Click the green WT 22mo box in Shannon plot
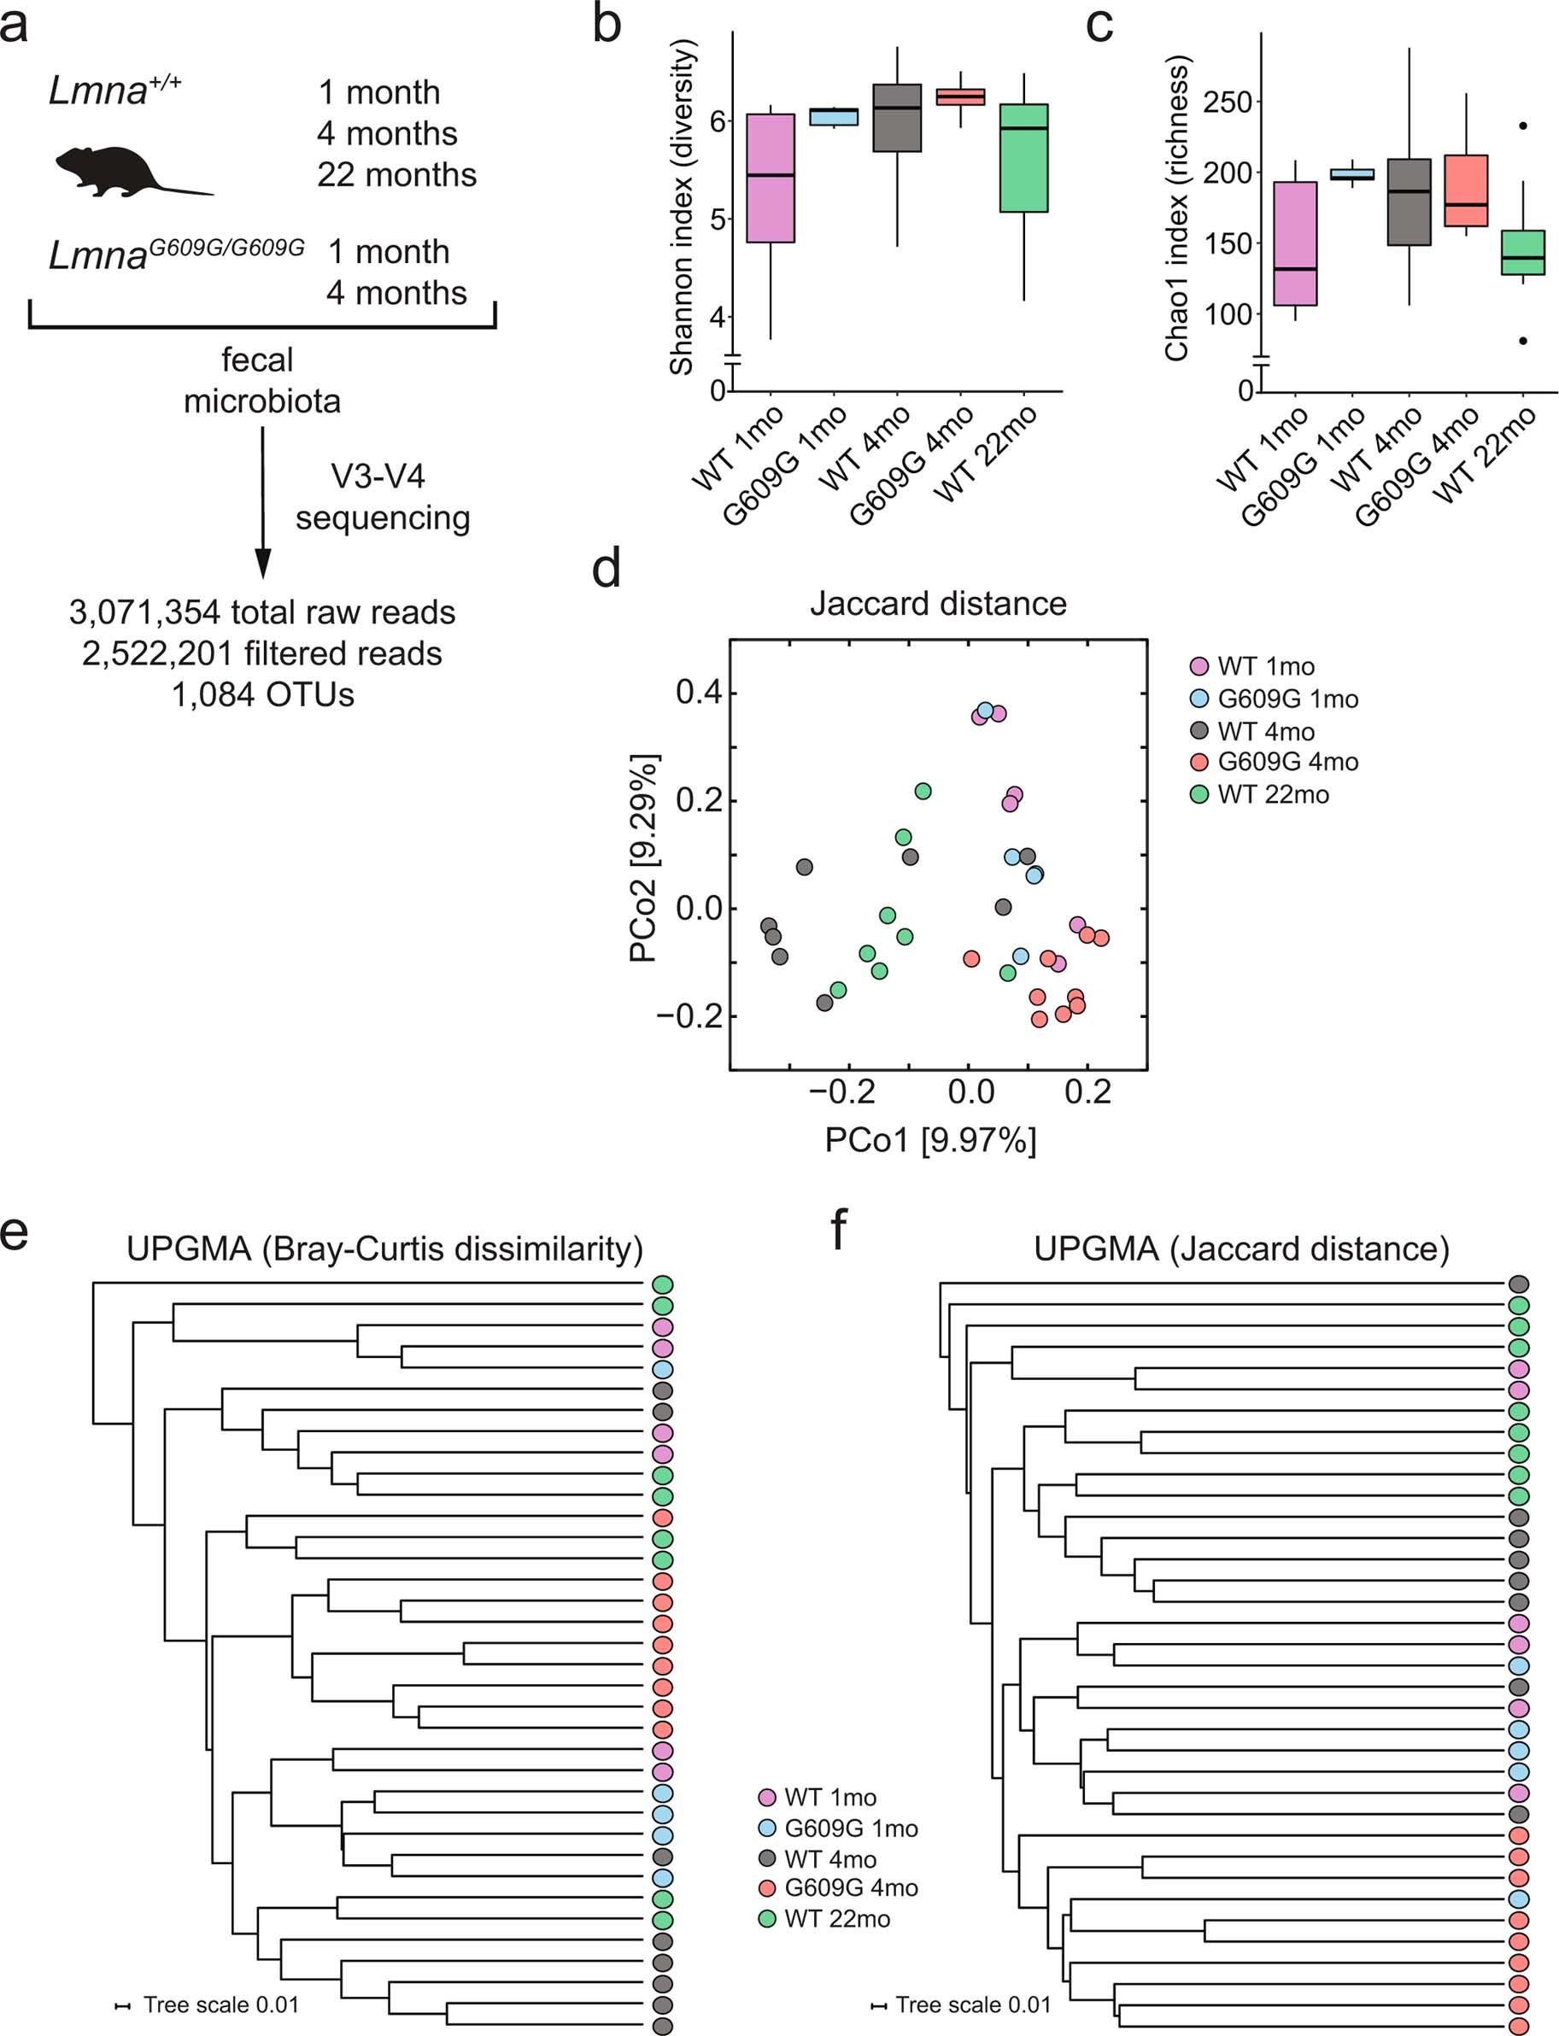click(x=1023, y=158)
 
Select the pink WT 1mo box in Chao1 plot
click(x=1294, y=243)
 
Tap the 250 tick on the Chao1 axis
click(x=1227, y=102)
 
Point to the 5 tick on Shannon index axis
click(x=718, y=219)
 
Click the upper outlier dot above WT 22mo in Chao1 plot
click(x=1523, y=126)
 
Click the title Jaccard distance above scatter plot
click(x=937, y=604)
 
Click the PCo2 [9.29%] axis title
click(x=643, y=858)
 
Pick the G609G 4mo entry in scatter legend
click(x=1286, y=762)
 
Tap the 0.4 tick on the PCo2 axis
click(x=697, y=692)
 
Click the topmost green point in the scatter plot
click(x=923, y=790)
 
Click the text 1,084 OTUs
click(x=262, y=694)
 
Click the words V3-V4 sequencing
click(x=381, y=497)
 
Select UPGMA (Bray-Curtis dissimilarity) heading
click(x=384, y=1249)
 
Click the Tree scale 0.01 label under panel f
click(x=971, y=2004)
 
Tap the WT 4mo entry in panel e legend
click(x=829, y=1859)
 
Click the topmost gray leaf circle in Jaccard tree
click(x=1518, y=1284)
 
